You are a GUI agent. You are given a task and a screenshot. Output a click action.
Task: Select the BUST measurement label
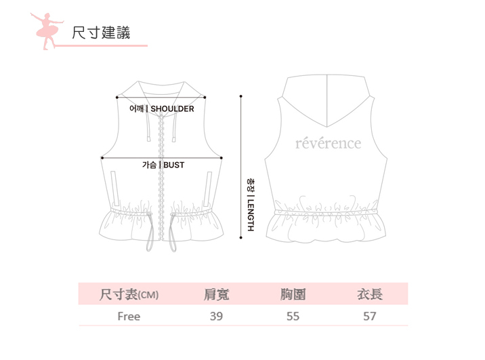(163, 165)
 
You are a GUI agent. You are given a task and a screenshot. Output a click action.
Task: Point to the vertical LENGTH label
(250, 204)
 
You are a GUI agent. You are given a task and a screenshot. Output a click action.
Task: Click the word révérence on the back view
(329, 143)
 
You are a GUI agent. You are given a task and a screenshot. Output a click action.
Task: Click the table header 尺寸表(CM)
(129, 294)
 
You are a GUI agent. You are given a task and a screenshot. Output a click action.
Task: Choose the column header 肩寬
(216, 294)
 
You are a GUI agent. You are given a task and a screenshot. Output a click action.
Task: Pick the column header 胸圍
(293, 294)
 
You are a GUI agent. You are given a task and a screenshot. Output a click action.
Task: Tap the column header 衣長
(370, 294)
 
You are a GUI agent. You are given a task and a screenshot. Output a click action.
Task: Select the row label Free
(129, 316)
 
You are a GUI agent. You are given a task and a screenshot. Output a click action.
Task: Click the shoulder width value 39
(216, 316)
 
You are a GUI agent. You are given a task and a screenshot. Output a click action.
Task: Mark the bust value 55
(293, 316)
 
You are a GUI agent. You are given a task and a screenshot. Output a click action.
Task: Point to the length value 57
(370, 316)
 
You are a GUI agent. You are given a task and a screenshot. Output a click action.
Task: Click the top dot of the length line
(241, 96)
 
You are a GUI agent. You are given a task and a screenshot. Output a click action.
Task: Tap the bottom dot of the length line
(241, 237)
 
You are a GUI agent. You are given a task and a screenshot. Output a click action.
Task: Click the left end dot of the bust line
(102, 158)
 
